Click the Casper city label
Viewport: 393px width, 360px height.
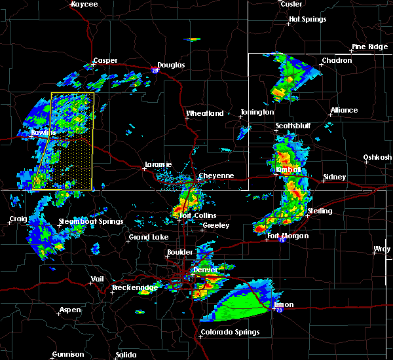[x=105, y=61]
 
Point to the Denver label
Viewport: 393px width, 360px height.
[x=204, y=270]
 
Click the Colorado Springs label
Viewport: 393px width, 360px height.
[x=230, y=332]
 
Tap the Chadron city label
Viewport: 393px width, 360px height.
[x=337, y=61]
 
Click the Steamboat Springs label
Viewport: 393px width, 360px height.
[x=91, y=221]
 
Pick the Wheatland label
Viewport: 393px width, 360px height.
[x=205, y=113]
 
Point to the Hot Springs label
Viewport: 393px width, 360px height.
[x=307, y=20]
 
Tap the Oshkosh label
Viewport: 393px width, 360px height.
[x=378, y=157]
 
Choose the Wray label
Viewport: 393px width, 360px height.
[x=381, y=249]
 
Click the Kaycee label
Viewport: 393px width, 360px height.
[x=84, y=5]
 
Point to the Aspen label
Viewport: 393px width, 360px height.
[x=70, y=310]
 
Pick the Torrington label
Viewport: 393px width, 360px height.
[x=257, y=113]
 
